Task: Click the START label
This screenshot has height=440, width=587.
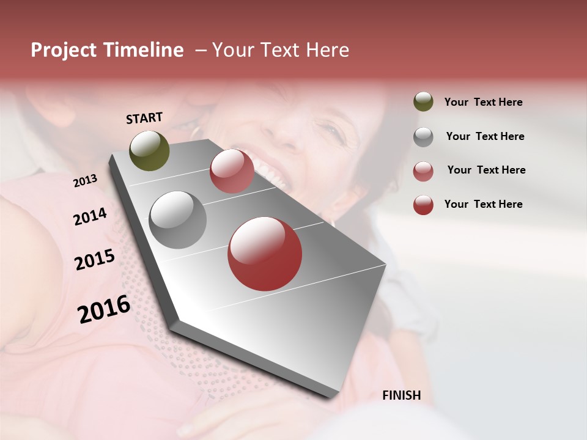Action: [x=144, y=118]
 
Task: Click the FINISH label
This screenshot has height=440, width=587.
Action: [x=401, y=395]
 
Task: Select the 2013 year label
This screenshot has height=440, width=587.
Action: [x=85, y=181]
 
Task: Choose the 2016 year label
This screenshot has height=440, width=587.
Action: [x=104, y=309]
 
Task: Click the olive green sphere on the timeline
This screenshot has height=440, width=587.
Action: [x=149, y=150]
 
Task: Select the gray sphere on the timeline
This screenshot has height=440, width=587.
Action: [x=177, y=220]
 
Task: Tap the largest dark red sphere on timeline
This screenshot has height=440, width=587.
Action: [x=265, y=254]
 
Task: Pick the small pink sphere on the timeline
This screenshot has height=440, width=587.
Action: [x=232, y=171]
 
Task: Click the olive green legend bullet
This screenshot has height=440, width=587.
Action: [x=423, y=102]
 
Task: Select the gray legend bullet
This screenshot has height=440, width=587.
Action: [x=423, y=137]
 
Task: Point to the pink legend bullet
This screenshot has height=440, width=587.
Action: [x=423, y=170]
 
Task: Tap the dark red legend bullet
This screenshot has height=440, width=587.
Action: [x=423, y=205]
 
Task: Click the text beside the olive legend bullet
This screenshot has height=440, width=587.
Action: [x=483, y=103]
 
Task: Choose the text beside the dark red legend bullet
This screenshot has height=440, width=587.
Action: [x=483, y=204]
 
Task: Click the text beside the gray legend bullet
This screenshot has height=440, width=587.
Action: [x=485, y=136]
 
